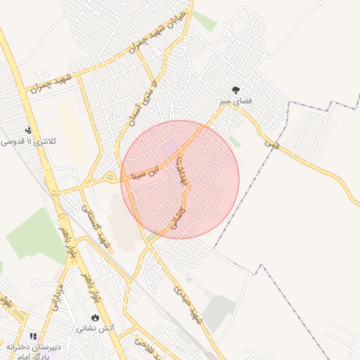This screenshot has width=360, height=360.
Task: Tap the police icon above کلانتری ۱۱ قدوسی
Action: [x=28, y=130]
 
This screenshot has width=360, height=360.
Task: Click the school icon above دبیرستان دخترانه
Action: [x=33, y=337]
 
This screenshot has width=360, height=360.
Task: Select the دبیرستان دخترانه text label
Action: [x=33, y=347]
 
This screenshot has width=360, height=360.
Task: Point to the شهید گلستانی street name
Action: [x=98, y=225]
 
